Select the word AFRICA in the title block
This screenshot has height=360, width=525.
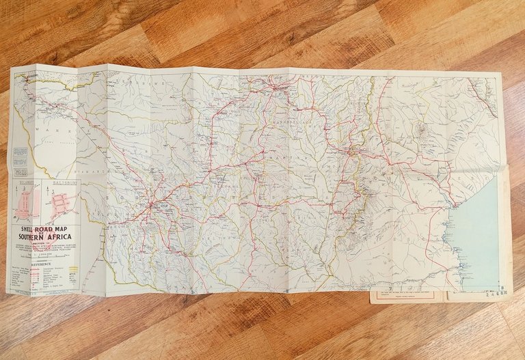tap(63, 239)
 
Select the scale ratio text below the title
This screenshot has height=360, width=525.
tap(45, 254)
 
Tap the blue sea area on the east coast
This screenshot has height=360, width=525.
tap(479, 232)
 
